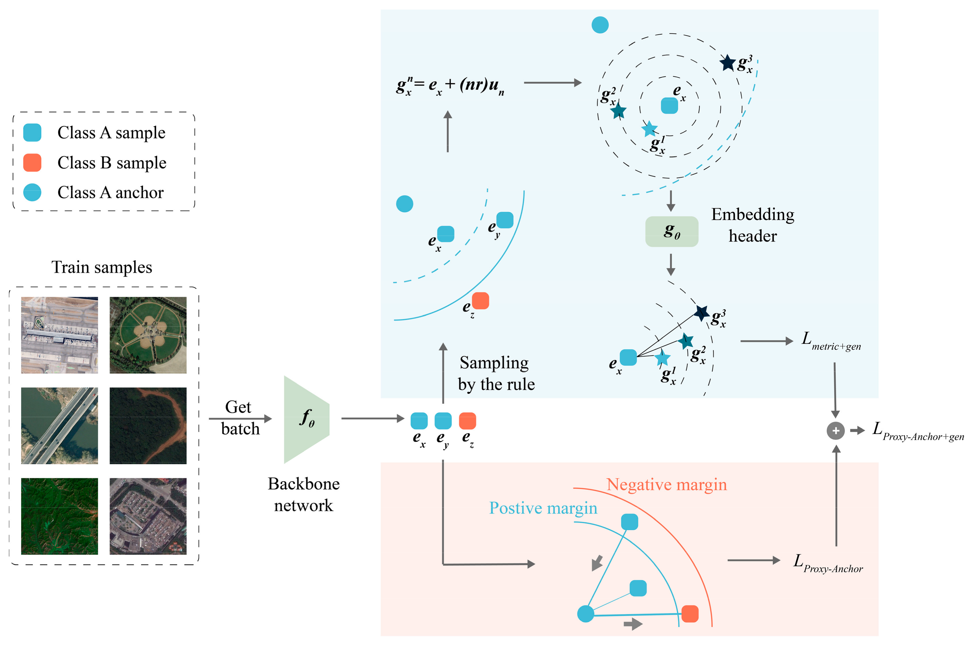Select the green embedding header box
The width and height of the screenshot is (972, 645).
pos(672,232)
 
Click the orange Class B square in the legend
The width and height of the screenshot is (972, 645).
pos(32,162)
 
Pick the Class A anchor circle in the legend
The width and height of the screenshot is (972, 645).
pos(32,192)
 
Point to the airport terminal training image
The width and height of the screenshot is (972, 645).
pos(60,335)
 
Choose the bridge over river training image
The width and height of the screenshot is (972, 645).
pos(60,425)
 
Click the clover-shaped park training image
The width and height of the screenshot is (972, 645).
pos(148,335)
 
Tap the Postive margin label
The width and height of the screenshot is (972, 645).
pos(543,508)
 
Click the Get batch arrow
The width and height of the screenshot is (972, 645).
pos(240,419)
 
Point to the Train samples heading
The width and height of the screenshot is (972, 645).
pos(101,267)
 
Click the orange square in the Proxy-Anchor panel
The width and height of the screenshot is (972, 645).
pos(689,614)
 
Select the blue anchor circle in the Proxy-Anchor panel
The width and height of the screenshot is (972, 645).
pos(586,614)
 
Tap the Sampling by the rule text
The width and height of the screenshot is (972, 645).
pos(496,373)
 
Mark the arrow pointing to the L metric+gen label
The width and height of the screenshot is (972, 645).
pos(766,341)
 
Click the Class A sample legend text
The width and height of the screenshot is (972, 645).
pos(111,132)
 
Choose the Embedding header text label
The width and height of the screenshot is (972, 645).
pos(753,225)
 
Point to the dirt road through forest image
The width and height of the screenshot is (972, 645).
pos(148,425)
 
